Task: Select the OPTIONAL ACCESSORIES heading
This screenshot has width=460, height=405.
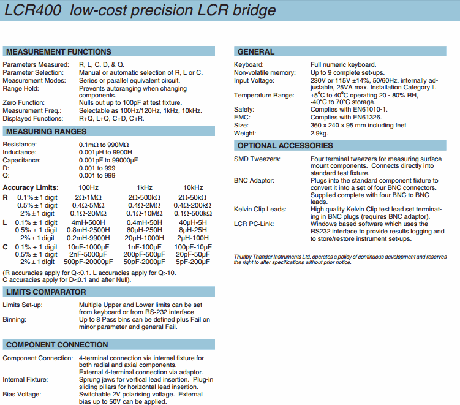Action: pos(285,146)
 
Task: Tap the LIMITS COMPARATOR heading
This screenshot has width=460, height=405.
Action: pos(46,292)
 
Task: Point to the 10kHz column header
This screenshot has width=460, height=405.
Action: pos(192,187)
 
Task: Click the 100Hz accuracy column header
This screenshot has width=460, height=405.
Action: pos(88,187)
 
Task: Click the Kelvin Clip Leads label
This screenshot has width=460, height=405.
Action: pos(260,210)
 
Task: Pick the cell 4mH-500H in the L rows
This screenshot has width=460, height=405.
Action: pos(88,222)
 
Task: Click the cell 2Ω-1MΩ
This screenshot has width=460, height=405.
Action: pos(88,197)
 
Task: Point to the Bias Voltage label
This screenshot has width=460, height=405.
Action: pos(23,394)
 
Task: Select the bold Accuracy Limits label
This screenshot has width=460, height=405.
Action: pos(31,187)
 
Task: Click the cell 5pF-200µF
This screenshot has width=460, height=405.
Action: pos(192,262)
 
